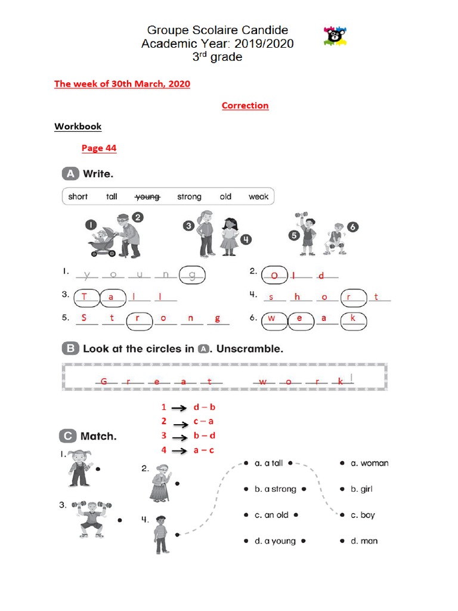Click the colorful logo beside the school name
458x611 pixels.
[335, 36]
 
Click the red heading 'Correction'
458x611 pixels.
[245, 106]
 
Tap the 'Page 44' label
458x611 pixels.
[99, 148]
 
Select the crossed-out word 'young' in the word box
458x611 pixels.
[147, 196]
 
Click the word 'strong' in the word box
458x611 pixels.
[189, 196]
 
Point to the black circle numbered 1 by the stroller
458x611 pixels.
[89, 225]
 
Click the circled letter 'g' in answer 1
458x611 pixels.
[192, 274]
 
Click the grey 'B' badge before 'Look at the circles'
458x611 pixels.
[70, 348]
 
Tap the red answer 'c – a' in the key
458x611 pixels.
[203, 421]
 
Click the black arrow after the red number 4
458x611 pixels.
[180, 451]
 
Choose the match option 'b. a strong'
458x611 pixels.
[275, 489]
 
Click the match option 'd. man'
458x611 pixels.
[364, 541]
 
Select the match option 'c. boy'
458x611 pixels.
[363, 515]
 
